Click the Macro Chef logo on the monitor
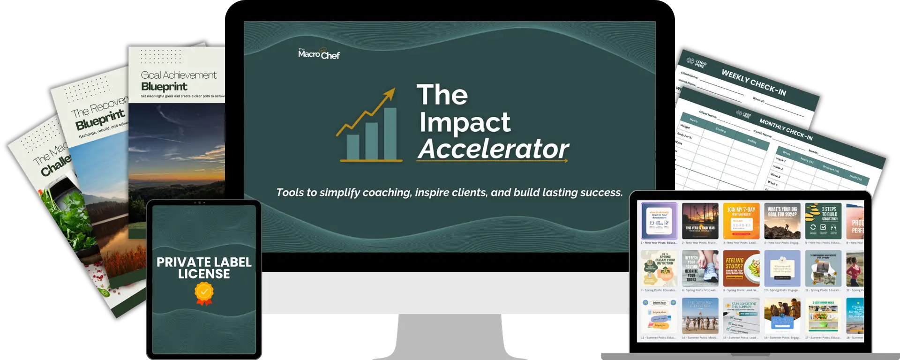coord(319,54)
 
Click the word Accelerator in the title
coord(493,149)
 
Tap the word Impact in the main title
coord(465,122)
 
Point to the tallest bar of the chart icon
coord(390,134)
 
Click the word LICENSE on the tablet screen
coord(204,274)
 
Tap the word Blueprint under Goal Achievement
coord(164,87)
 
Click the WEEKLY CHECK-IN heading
coord(753,82)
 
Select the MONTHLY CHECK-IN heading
coord(786,129)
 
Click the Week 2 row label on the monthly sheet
coord(778,167)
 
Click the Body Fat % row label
coord(685,135)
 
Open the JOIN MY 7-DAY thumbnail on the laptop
coord(741,221)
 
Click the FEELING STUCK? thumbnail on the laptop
coord(741,269)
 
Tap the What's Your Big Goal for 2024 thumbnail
coord(782,221)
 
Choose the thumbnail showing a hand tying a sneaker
coord(700,269)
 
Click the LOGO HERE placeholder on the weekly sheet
coord(697,63)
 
